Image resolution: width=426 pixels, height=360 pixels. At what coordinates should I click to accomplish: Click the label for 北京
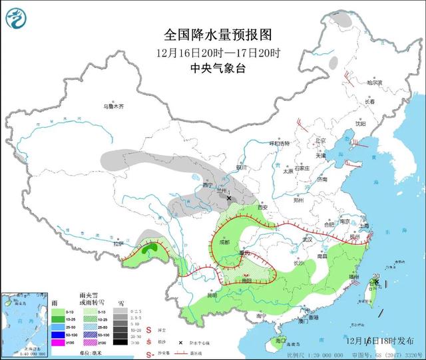click(x=322, y=140)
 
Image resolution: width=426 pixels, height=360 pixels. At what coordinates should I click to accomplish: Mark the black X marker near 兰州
click(x=229, y=198)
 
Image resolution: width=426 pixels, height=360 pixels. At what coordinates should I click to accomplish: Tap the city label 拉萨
click(x=118, y=244)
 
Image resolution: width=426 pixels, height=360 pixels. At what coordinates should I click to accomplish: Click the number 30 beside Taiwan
click(x=377, y=276)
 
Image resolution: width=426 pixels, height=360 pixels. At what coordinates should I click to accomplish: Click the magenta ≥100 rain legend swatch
click(x=59, y=342)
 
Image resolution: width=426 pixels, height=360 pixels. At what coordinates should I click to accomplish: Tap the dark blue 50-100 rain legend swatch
click(x=59, y=334)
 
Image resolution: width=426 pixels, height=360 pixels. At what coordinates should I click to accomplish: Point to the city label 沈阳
click(x=360, y=123)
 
